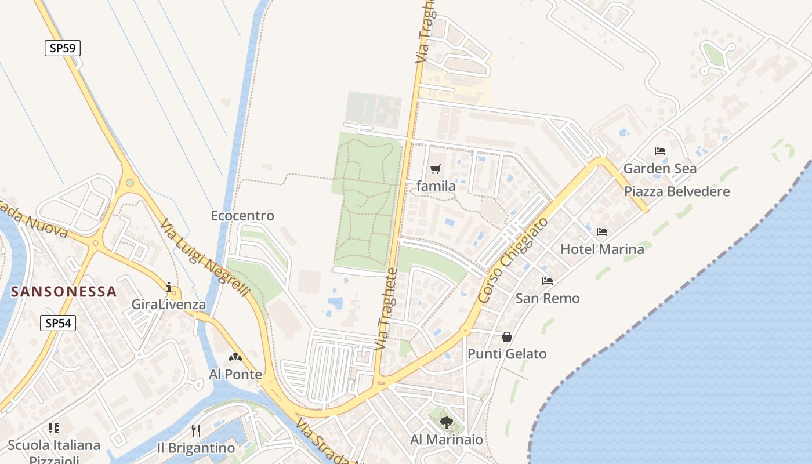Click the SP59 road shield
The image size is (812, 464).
pyautogui.click(x=63, y=48)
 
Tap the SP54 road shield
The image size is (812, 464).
pyautogui.click(x=58, y=323)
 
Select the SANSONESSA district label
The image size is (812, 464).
pyautogui.click(x=64, y=291)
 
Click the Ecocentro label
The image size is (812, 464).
pyautogui.click(x=242, y=216)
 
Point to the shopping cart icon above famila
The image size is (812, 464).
pyautogui.click(x=435, y=169)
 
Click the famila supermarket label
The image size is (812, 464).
pyautogui.click(x=436, y=187)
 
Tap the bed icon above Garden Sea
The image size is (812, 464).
pyautogui.click(x=659, y=151)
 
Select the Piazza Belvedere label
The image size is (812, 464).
pyautogui.click(x=677, y=191)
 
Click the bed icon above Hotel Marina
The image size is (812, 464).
pyautogui.click(x=602, y=232)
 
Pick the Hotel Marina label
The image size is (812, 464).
pyautogui.click(x=602, y=249)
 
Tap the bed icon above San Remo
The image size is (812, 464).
pyautogui.click(x=547, y=281)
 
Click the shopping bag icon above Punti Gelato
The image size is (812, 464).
pyautogui.click(x=507, y=337)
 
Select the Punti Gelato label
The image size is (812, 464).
pyautogui.click(x=507, y=354)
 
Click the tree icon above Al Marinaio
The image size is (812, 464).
pyautogui.click(x=446, y=422)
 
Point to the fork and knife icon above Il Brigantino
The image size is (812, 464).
pyautogui.click(x=196, y=430)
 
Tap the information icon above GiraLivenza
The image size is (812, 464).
pyautogui.click(x=169, y=287)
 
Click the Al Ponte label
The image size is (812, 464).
pyautogui.click(x=235, y=375)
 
